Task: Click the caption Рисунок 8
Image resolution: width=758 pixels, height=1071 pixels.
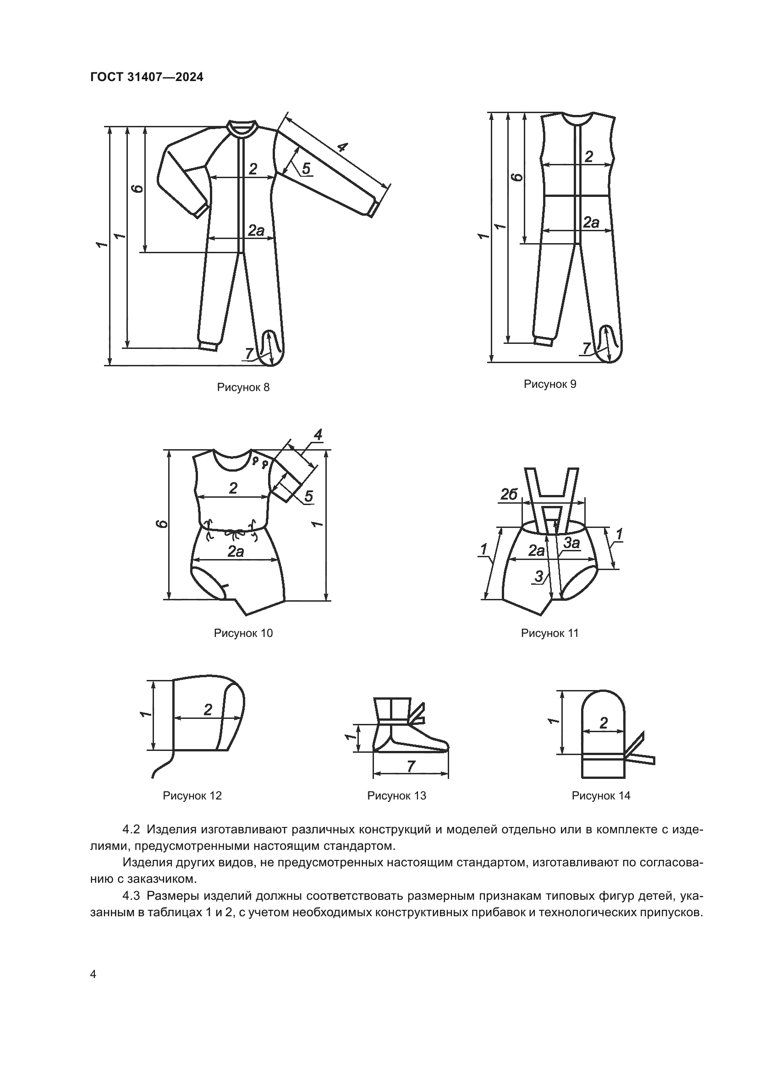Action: pyautogui.click(x=243, y=387)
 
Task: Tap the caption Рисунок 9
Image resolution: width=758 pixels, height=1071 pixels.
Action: pyautogui.click(x=550, y=384)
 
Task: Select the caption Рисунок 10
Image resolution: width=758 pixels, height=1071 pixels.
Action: pyautogui.click(x=243, y=633)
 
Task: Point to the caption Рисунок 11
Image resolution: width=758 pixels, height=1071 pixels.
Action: pyautogui.click(x=550, y=633)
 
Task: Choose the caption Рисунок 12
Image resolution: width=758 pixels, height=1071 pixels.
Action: pyautogui.click(x=192, y=795)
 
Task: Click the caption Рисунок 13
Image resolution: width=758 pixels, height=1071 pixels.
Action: pyautogui.click(x=397, y=795)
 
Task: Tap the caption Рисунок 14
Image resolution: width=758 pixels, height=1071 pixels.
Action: pyautogui.click(x=601, y=795)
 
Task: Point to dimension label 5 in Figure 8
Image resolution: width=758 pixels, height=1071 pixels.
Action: pyautogui.click(x=306, y=169)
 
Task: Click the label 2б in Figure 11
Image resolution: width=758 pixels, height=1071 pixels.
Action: pyautogui.click(x=509, y=495)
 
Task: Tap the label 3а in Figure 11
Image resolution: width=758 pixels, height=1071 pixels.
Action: pyautogui.click(x=572, y=543)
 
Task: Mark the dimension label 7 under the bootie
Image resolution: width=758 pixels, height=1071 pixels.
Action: pyautogui.click(x=411, y=767)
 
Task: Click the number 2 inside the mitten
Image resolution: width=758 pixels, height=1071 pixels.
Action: pyautogui.click(x=604, y=723)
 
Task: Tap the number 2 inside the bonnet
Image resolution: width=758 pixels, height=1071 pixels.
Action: pyautogui.click(x=208, y=709)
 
